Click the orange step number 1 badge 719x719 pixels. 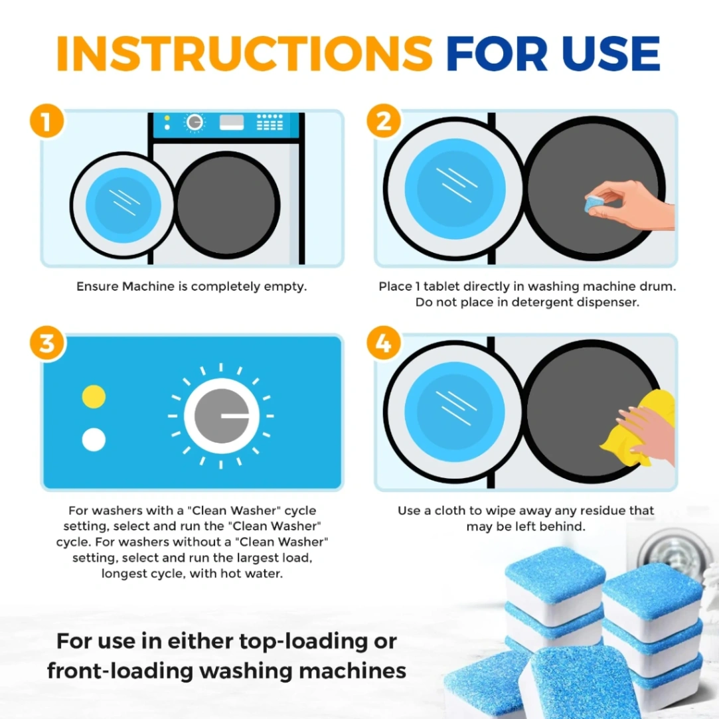(46, 121)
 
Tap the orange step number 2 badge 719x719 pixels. (384, 121)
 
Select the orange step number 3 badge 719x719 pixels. (47, 343)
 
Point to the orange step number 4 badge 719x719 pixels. (384, 343)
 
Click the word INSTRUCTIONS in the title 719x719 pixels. (244, 54)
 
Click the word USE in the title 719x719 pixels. (611, 54)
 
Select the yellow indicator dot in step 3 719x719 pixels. (94, 396)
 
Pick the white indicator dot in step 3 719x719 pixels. (94, 439)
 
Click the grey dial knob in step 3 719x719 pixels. (222, 416)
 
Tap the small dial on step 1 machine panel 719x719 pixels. (195, 122)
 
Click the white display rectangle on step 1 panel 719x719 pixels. (232, 122)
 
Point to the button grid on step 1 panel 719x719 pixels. (270, 122)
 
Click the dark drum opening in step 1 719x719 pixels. (228, 205)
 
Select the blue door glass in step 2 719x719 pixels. (455, 189)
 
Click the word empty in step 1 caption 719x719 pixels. (286, 287)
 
